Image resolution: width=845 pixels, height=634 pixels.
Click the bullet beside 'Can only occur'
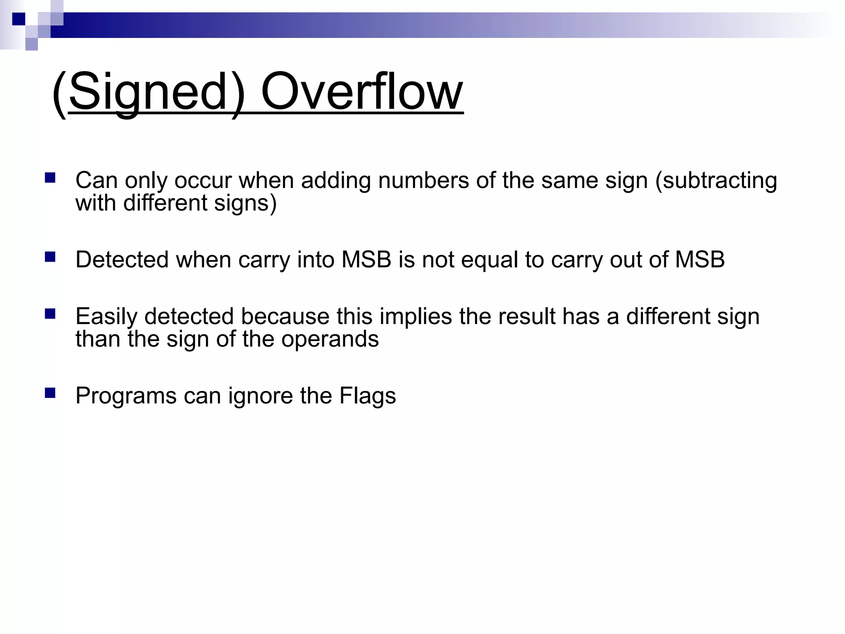click(x=50, y=178)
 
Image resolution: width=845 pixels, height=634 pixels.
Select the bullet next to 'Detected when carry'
click(x=50, y=257)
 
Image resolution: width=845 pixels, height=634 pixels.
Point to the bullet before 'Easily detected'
click(x=50, y=314)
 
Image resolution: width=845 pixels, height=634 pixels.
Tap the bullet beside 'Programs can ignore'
click(x=50, y=393)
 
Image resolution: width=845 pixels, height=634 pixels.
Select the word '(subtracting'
click(x=716, y=181)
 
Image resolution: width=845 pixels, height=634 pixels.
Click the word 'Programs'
click(x=126, y=396)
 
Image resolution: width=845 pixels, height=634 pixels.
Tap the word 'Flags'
click(x=368, y=396)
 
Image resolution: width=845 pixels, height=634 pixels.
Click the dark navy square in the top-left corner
click(x=19, y=19)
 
